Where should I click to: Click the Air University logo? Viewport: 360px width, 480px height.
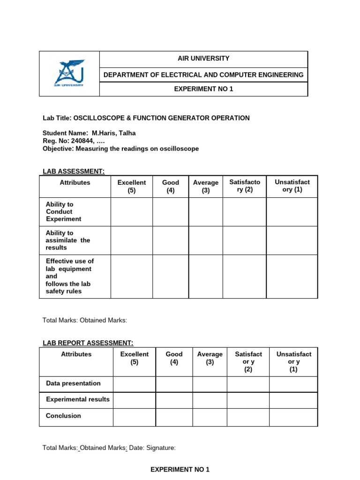tap(69, 73)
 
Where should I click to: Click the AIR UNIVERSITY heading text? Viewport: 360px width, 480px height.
tap(203, 59)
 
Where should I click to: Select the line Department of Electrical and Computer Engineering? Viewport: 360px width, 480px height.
tap(203, 75)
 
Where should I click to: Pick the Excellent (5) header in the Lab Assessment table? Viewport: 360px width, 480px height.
tap(132, 186)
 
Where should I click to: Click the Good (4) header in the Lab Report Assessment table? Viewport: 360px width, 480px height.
tap(174, 358)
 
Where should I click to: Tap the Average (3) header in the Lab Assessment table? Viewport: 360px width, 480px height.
tap(206, 186)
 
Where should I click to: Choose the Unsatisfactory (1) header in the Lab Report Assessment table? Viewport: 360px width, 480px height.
tap(293, 361)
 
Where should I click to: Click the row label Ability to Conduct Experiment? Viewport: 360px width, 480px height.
tap(63, 212)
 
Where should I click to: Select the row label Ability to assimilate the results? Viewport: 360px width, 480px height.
tap(67, 240)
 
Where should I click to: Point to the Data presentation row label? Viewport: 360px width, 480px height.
tap(73, 383)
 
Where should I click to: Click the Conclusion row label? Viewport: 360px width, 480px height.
tap(63, 416)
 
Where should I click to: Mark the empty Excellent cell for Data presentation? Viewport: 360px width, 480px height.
tap(135, 384)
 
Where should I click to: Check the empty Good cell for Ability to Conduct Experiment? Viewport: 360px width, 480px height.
tap(171, 212)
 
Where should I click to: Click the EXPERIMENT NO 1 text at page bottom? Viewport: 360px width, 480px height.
tap(180, 469)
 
